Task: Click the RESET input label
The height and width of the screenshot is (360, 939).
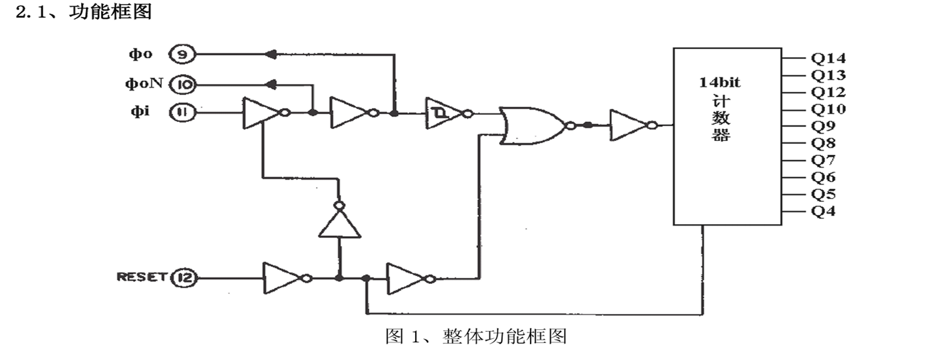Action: [141, 277]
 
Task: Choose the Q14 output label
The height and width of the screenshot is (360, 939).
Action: [828, 58]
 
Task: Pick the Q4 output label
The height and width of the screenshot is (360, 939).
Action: [823, 212]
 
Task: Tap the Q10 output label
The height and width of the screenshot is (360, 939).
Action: [828, 109]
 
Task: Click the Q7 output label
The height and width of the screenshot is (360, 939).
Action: [823, 161]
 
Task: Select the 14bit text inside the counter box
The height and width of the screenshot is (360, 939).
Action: [721, 83]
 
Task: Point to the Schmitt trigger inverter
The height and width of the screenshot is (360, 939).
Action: [445, 113]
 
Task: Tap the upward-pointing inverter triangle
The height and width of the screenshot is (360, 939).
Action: [340, 224]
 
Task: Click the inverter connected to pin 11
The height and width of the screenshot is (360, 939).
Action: [262, 113]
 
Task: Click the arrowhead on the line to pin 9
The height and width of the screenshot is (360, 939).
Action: [268, 55]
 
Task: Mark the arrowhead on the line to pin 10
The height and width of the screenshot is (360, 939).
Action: [270, 84]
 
